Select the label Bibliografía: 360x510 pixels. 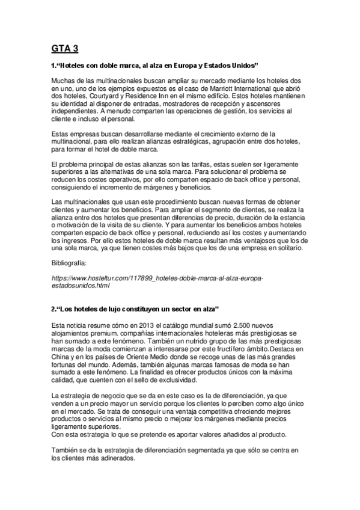(x=70, y=263)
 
